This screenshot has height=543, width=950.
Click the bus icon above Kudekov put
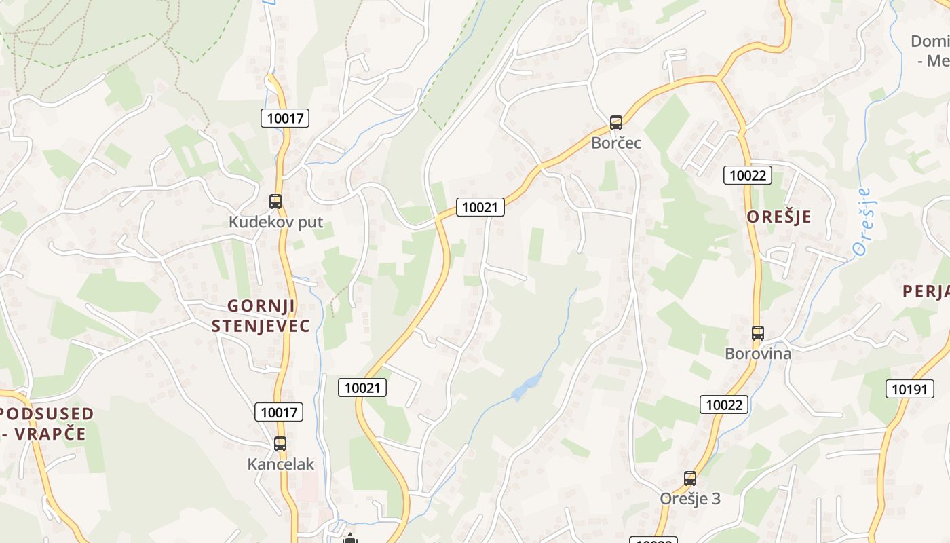[275, 202]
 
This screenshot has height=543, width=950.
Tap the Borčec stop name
[616, 143]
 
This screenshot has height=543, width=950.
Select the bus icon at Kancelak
[280, 444]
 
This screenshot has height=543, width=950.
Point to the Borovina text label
[758, 354]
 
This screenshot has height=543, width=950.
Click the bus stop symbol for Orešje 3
[690, 479]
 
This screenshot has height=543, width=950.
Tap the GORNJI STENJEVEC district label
[261, 316]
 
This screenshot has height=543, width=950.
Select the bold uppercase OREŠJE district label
[779, 217]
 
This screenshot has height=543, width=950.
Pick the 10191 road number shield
[909, 389]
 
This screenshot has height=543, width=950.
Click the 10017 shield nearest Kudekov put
[285, 118]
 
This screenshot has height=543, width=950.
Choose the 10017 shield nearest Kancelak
[279, 411]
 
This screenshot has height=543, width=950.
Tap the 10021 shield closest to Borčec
[480, 207]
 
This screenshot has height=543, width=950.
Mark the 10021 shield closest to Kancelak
[362, 388]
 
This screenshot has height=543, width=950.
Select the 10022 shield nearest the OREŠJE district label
[747, 175]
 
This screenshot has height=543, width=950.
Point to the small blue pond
[526, 387]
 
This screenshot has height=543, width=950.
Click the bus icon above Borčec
[616, 123]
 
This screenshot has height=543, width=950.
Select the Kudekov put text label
[275, 222]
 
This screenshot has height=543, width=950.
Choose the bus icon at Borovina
[758, 333]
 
